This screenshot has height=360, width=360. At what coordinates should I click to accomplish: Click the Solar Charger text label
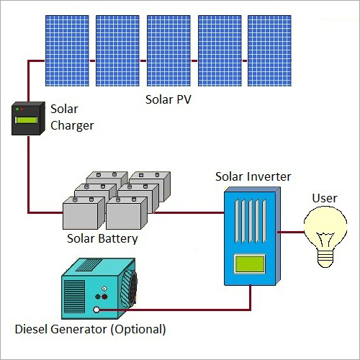point(71,117)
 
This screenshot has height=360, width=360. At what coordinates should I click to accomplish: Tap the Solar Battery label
point(102,238)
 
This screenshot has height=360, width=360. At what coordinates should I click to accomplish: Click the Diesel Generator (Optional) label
point(91,330)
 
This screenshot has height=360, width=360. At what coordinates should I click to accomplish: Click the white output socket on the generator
point(96,310)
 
